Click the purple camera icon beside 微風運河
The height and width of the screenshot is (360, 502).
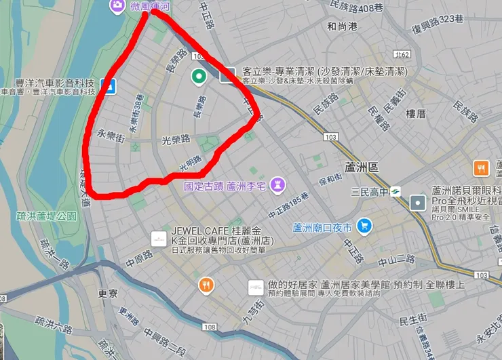pos(117,6)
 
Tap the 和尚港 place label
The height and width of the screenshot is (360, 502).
pos(343,27)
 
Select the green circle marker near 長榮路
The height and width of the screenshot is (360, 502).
pos(199,76)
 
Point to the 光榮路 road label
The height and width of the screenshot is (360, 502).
pos(176,139)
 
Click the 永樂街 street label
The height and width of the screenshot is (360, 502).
pos(111,135)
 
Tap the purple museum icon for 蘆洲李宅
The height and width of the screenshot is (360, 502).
pos(277,185)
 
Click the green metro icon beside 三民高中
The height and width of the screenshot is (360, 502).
pos(395,193)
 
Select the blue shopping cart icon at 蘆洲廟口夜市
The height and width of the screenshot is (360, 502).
pos(365,226)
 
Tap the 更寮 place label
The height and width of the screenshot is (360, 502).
pos(108,294)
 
